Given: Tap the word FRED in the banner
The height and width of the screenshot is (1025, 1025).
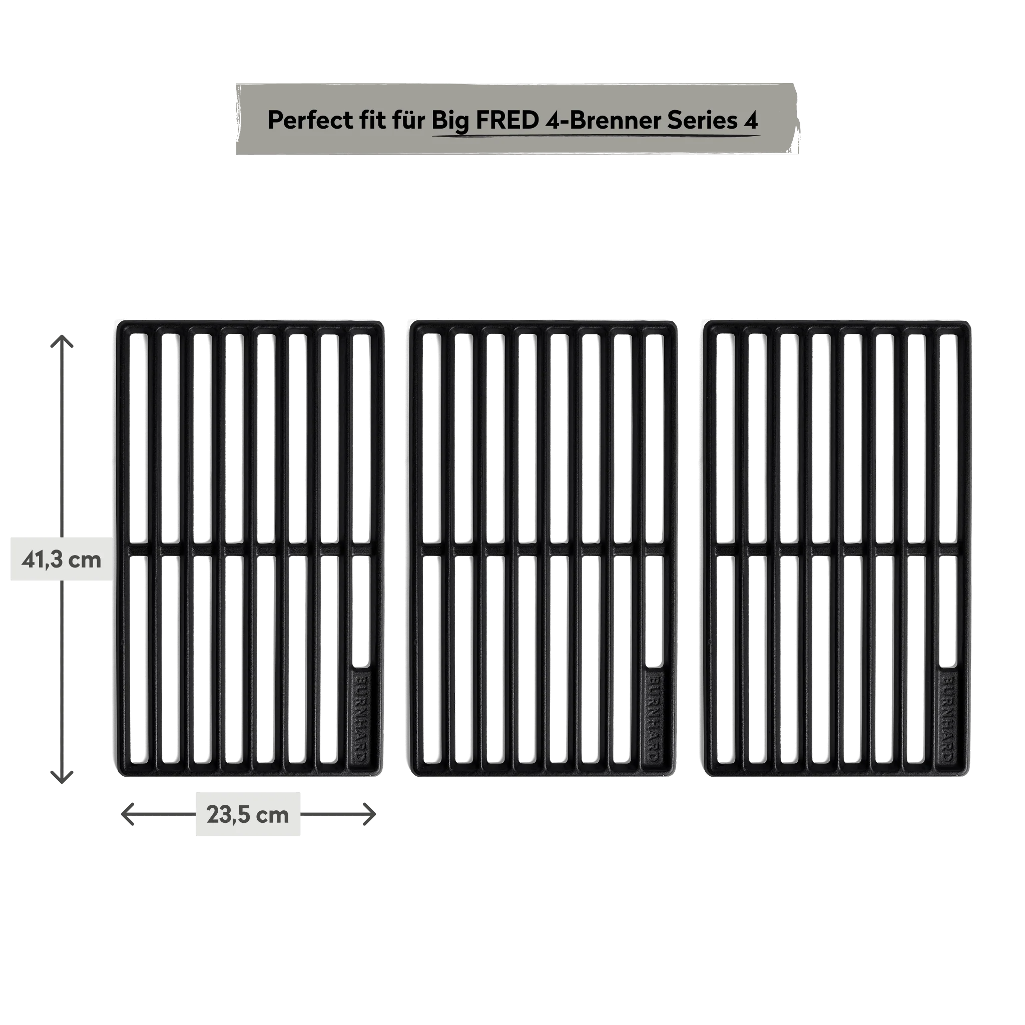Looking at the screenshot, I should [506, 121].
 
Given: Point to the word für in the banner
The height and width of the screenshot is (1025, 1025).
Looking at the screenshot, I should [409, 121].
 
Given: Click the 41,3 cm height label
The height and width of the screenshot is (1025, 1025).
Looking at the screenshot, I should [61, 559].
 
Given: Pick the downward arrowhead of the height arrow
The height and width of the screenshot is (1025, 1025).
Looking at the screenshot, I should [62, 777].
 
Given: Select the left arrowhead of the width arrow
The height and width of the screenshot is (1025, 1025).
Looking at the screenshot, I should [127, 814].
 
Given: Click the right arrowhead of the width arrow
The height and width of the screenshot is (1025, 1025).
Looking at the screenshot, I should [369, 814].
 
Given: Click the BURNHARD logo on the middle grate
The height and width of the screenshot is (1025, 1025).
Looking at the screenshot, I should [654, 718].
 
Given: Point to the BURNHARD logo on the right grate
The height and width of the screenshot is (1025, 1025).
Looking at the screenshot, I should [948, 718].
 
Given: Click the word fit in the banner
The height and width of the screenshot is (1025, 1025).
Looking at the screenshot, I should [372, 121].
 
